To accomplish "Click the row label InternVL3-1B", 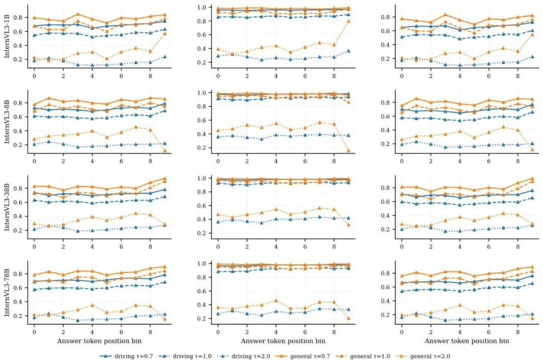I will coord(8,38).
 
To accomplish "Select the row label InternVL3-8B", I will coord(8,124).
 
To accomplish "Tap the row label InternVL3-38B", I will coord(8,209).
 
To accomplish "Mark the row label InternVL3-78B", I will coord(8,294).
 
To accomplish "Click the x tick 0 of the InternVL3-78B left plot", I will coord(34,331).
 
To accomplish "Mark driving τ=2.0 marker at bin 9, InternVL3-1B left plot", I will coord(165,57).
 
